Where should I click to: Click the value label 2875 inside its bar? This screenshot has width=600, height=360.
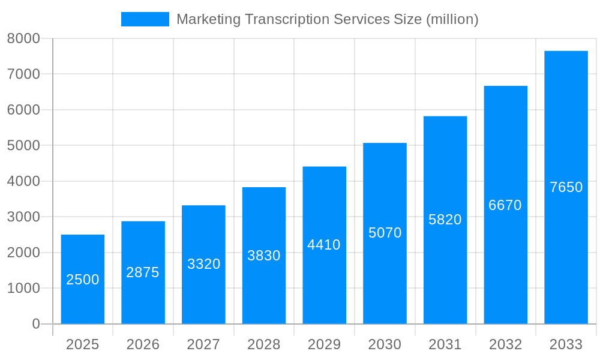click(143, 272)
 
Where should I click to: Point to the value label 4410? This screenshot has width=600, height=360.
click(324, 245)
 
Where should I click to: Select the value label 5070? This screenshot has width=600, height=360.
click(385, 233)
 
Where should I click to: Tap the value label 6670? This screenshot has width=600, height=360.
click(505, 205)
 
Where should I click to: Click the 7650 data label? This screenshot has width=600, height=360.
click(566, 187)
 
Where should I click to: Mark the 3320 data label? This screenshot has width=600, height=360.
click(203, 264)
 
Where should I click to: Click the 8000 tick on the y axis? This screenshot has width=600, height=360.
click(23, 38)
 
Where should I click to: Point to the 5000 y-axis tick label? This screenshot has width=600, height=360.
click(23, 146)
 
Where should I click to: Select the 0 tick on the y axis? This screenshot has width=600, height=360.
click(35, 324)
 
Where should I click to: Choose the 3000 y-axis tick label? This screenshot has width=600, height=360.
click(23, 217)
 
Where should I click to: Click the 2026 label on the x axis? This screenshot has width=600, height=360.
click(143, 344)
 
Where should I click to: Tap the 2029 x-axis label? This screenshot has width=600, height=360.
click(324, 344)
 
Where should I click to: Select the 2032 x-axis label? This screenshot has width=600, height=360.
click(505, 344)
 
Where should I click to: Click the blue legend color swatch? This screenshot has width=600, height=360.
click(145, 19)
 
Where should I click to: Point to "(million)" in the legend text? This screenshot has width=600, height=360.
click(452, 19)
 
